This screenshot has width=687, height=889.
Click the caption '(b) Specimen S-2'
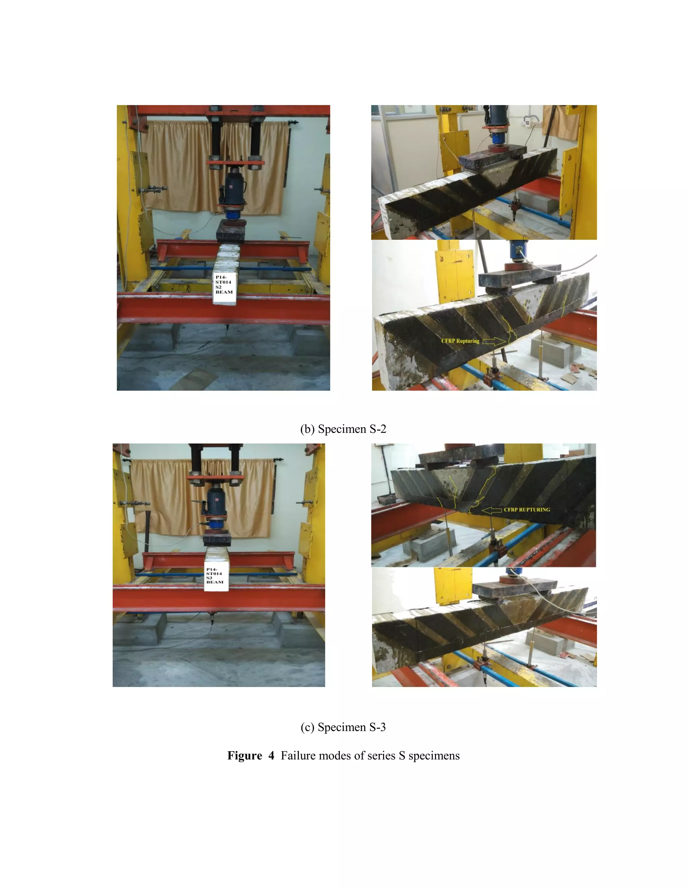343,429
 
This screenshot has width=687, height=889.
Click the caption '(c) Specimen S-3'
343,727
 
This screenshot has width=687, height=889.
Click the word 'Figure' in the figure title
245,756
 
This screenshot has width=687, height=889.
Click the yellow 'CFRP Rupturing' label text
460,341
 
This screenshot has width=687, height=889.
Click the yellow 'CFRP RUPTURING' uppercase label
527,510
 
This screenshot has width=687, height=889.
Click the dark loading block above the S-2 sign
230,231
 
